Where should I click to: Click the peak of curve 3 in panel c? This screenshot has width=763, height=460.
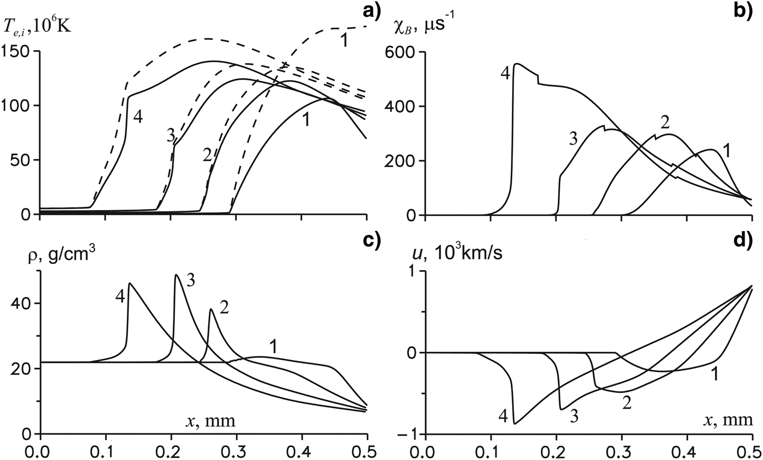175,275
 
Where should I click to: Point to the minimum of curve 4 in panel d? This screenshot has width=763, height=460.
514,423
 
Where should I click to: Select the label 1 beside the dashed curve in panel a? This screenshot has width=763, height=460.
344,40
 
